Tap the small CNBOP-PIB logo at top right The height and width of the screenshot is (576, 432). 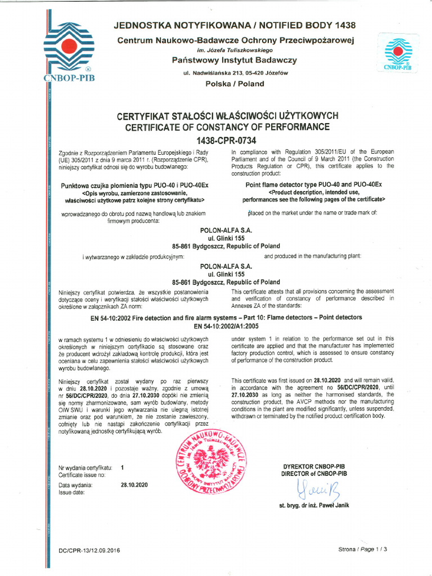click(x=398, y=54)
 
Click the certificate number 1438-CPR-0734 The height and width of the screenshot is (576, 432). click(x=227, y=140)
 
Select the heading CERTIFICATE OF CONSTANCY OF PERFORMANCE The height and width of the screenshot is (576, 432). click(x=227, y=128)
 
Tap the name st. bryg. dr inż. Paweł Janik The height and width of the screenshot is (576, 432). click(x=314, y=505)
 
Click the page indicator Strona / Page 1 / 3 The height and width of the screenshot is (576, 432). click(x=363, y=549)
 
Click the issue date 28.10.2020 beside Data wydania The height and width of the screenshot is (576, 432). click(x=134, y=485)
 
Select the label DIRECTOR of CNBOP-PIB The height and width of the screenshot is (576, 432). click(x=313, y=474)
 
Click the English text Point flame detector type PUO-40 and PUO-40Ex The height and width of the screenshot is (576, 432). click(x=313, y=185)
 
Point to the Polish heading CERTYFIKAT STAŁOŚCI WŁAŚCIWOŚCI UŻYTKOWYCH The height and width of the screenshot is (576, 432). click(x=227, y=116)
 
